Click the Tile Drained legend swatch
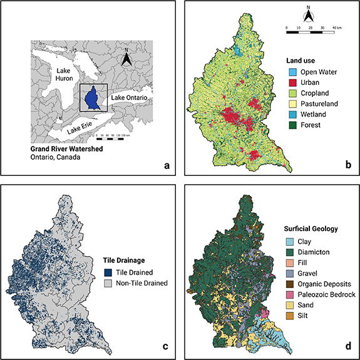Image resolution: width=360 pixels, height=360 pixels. (108, 273)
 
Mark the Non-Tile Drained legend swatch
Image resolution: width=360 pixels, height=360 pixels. (108, 283)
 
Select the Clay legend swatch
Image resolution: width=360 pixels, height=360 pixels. (284, 240)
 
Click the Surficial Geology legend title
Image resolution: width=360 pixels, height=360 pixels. (310, 229)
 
